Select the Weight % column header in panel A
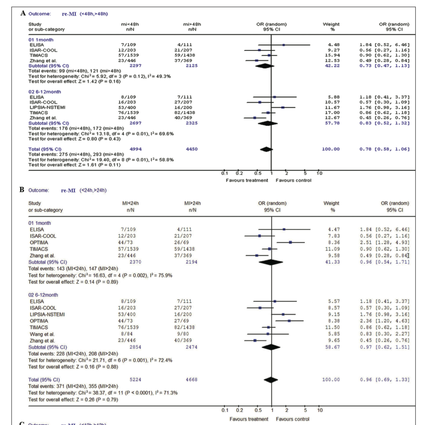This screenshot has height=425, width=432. coord(331,27)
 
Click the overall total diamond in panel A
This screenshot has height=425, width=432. coord(267,149)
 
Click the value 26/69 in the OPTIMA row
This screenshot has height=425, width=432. coord(190,243)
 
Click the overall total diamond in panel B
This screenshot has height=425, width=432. coord(271,380)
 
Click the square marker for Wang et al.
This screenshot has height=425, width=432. coord(268,334)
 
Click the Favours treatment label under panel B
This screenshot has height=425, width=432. coord(249,419)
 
